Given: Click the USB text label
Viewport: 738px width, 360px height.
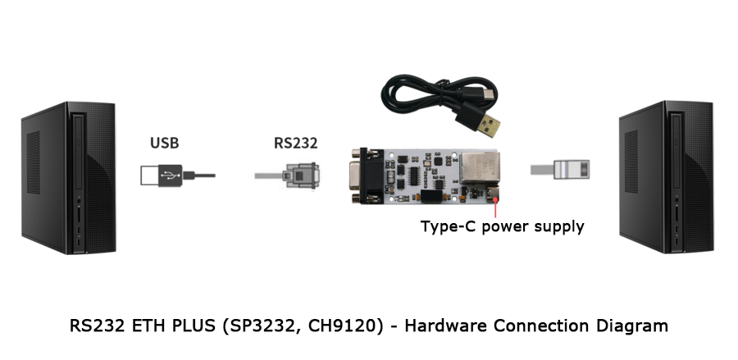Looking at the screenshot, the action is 164,143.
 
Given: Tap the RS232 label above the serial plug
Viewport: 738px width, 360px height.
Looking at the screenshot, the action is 295,143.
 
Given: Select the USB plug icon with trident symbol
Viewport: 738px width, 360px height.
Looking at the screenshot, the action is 177,175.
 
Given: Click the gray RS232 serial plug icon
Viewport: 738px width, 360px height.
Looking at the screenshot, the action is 287,175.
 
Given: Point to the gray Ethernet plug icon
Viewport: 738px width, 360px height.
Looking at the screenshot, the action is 560,170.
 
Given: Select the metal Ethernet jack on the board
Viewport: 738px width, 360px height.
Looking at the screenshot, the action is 480,168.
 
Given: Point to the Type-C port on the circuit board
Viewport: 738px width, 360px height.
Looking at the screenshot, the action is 494,194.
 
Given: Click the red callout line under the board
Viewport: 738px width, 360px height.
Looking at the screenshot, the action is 495,208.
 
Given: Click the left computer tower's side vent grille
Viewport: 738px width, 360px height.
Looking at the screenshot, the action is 33,162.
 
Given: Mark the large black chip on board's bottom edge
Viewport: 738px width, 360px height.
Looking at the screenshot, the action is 434,196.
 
